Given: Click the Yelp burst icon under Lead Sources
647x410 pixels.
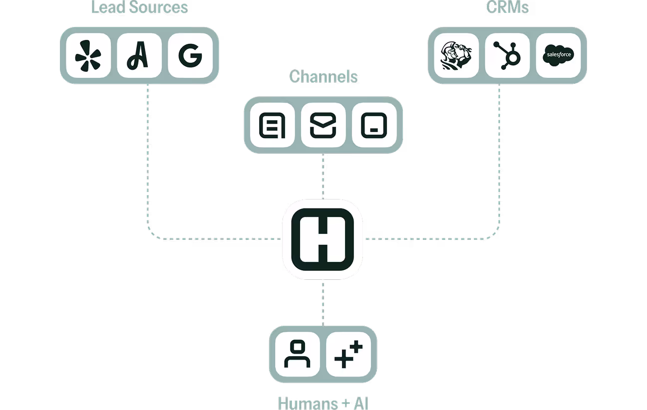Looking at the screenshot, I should (x=88, y=55).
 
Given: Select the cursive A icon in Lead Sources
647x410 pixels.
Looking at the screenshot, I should (x=139, y=55).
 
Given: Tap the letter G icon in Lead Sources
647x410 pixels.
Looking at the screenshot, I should (x=190, y=55).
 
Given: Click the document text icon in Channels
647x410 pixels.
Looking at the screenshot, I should (x=272, y=125).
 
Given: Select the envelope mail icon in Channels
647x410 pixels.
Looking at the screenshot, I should (x=323, y=125).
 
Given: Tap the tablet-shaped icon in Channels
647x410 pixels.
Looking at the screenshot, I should (x=374, y=125).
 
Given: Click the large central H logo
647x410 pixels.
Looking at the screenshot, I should (x=323, y=239).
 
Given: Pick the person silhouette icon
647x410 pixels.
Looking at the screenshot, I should (x=297, y=355).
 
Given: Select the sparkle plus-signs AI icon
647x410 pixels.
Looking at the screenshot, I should (x=348, y=355).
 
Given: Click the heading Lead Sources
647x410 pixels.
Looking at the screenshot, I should (x=139, y=8).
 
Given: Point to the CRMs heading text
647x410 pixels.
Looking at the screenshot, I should (x=507, y=8).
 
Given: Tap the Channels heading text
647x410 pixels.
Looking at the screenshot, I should (x=323, y=76).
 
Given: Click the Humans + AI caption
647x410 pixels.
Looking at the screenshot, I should (x=323, y=403).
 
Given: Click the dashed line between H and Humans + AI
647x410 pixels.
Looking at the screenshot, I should (x=323, y=302).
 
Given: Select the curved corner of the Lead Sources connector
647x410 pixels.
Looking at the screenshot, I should (x=151, y=235).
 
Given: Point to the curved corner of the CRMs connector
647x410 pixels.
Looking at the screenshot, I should (x=496, y=235).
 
